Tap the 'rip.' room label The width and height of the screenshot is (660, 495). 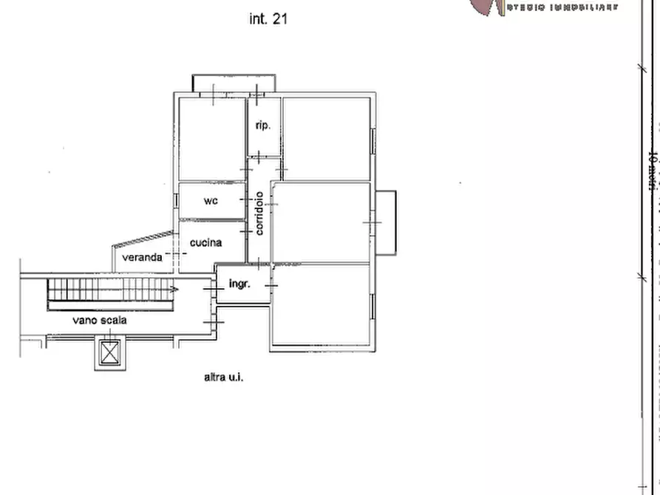262,126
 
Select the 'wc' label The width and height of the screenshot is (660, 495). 211,200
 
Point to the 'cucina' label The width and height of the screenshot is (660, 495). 206,242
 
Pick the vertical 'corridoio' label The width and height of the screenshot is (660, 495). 259,214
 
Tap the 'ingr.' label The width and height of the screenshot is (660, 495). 239,284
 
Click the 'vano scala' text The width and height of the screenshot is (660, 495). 100,321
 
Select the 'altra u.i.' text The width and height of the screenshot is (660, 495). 223,377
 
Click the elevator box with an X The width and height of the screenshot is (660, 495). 109,353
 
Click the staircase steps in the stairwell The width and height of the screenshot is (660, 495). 111,290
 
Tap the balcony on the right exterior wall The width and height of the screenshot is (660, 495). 386,222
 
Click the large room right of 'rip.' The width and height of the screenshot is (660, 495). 326,138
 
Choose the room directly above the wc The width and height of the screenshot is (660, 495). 211,139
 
